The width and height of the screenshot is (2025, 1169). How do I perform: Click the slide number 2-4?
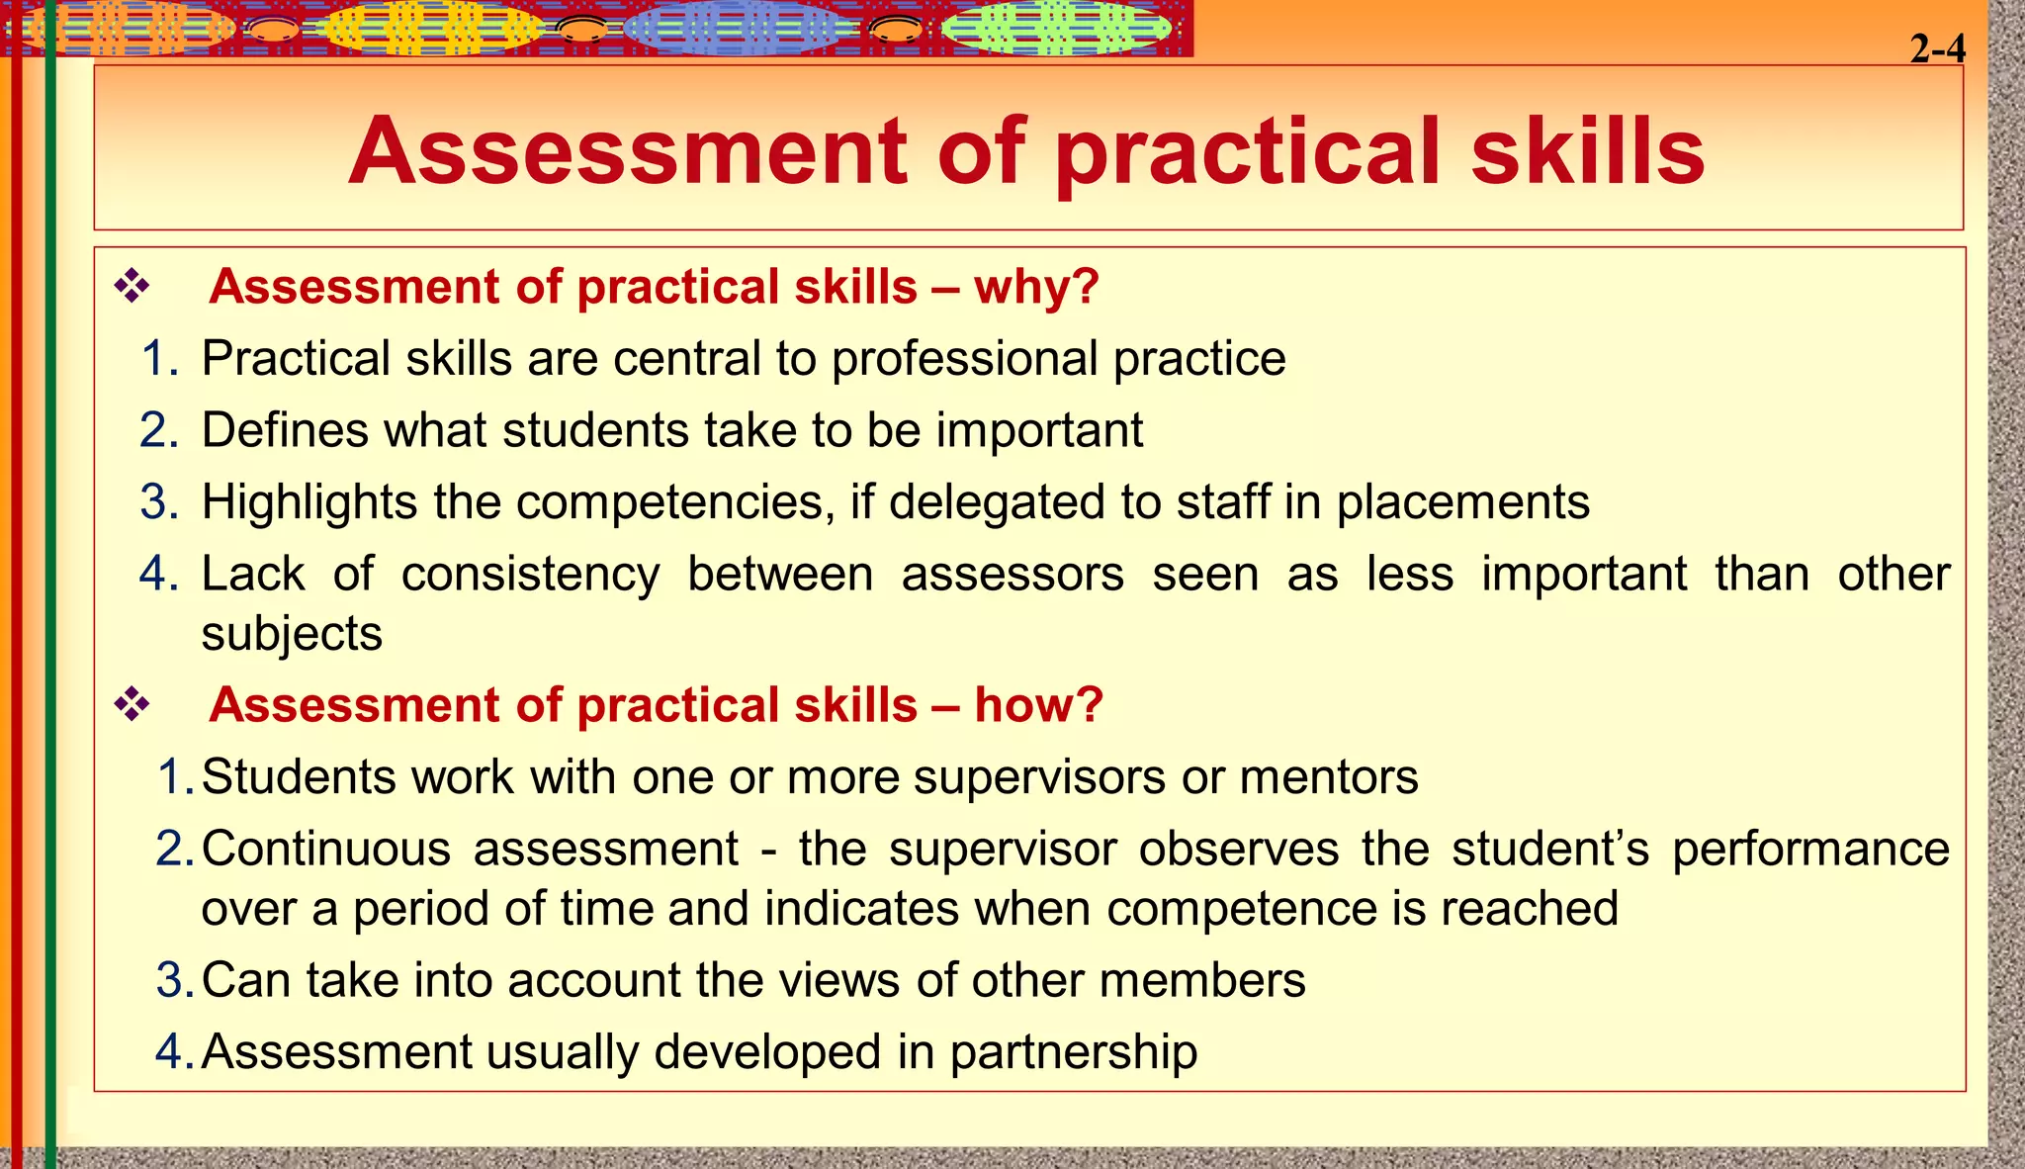click(1937, 48)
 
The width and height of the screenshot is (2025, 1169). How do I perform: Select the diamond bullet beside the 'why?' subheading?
click(132, 287)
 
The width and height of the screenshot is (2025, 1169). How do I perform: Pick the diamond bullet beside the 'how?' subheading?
click(132, 705)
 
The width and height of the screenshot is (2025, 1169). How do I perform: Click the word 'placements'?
click(1462, 502)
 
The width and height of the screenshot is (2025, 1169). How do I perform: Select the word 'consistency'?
click(530, 575)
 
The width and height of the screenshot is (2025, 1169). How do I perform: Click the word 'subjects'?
click(292, 634)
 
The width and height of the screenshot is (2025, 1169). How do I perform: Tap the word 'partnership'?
click(1074, 1052)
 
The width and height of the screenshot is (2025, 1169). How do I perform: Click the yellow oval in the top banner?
click(428, 28)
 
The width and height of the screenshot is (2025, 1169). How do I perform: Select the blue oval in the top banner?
click(740, 28)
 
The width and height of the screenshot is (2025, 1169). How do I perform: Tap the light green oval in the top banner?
click(1055, 28)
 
